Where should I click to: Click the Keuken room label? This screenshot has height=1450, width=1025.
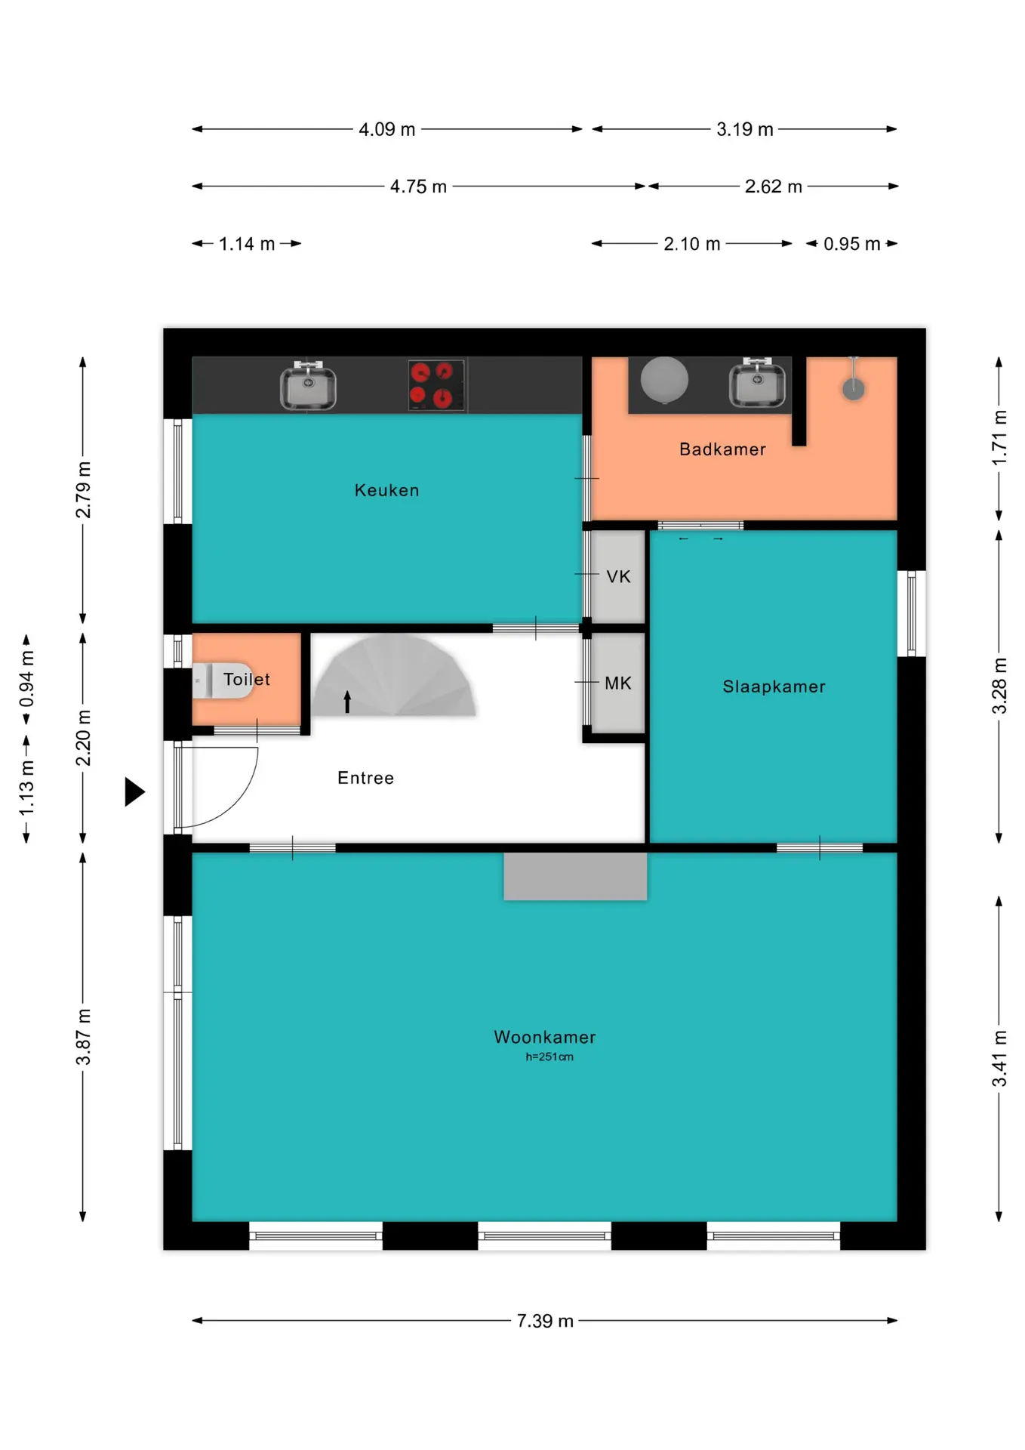coord(386,490)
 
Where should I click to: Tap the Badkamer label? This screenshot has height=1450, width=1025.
coord(722,449)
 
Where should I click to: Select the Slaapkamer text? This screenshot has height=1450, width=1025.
coord(774,686)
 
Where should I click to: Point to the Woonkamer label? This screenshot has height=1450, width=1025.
coord(545,1037)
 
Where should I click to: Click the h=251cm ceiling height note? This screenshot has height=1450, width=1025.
coord(549,1057)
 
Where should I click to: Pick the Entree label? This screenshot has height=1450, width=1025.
coord(365,778)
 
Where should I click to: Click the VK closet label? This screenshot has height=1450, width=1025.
coord(618,577)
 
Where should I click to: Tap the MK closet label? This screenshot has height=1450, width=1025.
coord(617,683)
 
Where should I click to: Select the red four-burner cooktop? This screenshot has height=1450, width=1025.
coord(436,384)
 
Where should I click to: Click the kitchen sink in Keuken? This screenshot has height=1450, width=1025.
coord(308,385)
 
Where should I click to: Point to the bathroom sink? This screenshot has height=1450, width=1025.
coord(757,383)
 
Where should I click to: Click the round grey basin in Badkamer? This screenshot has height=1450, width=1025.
coord(664,380)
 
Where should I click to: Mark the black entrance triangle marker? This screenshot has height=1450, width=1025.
coord(134,792)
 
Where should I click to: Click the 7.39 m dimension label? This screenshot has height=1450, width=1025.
coord(545,1321)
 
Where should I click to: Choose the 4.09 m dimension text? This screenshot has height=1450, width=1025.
coord(386,129)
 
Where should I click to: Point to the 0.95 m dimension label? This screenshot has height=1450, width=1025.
coord(851,244)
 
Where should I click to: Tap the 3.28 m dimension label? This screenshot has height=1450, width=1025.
coord(999,686)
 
